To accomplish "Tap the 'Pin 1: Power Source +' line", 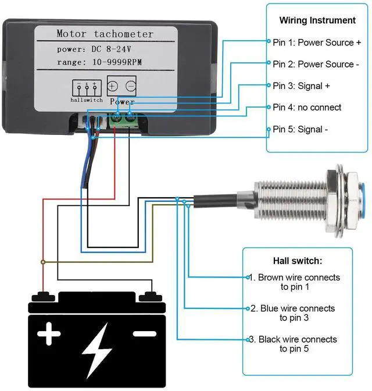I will pyautogui.click(x=317, y=42).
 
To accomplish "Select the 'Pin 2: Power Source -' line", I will pyautogui.click(x=313, y=64).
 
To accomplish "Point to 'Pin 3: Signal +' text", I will pyautogui.click(x=301, y=86).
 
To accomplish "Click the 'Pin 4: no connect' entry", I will pyautogui.click(x=307, y=107).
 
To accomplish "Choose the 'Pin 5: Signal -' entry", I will pyautogui.click(x=300, y=129).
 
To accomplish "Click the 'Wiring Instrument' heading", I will pyautogui.click(x=317, y=20).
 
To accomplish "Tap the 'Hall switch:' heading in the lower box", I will pyautogui.click(x=297, y=261).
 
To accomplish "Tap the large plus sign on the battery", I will pyautogui.click(x=49, y=335).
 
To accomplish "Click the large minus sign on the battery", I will pyautogui.click(x=145, y=334).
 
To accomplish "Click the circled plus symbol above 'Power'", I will pyautogui.click(x=113, y=87).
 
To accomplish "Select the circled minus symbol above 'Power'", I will pyautogui.click(x=131, y=87).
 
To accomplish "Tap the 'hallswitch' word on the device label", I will pyautogui.click(x=87, y=101).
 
